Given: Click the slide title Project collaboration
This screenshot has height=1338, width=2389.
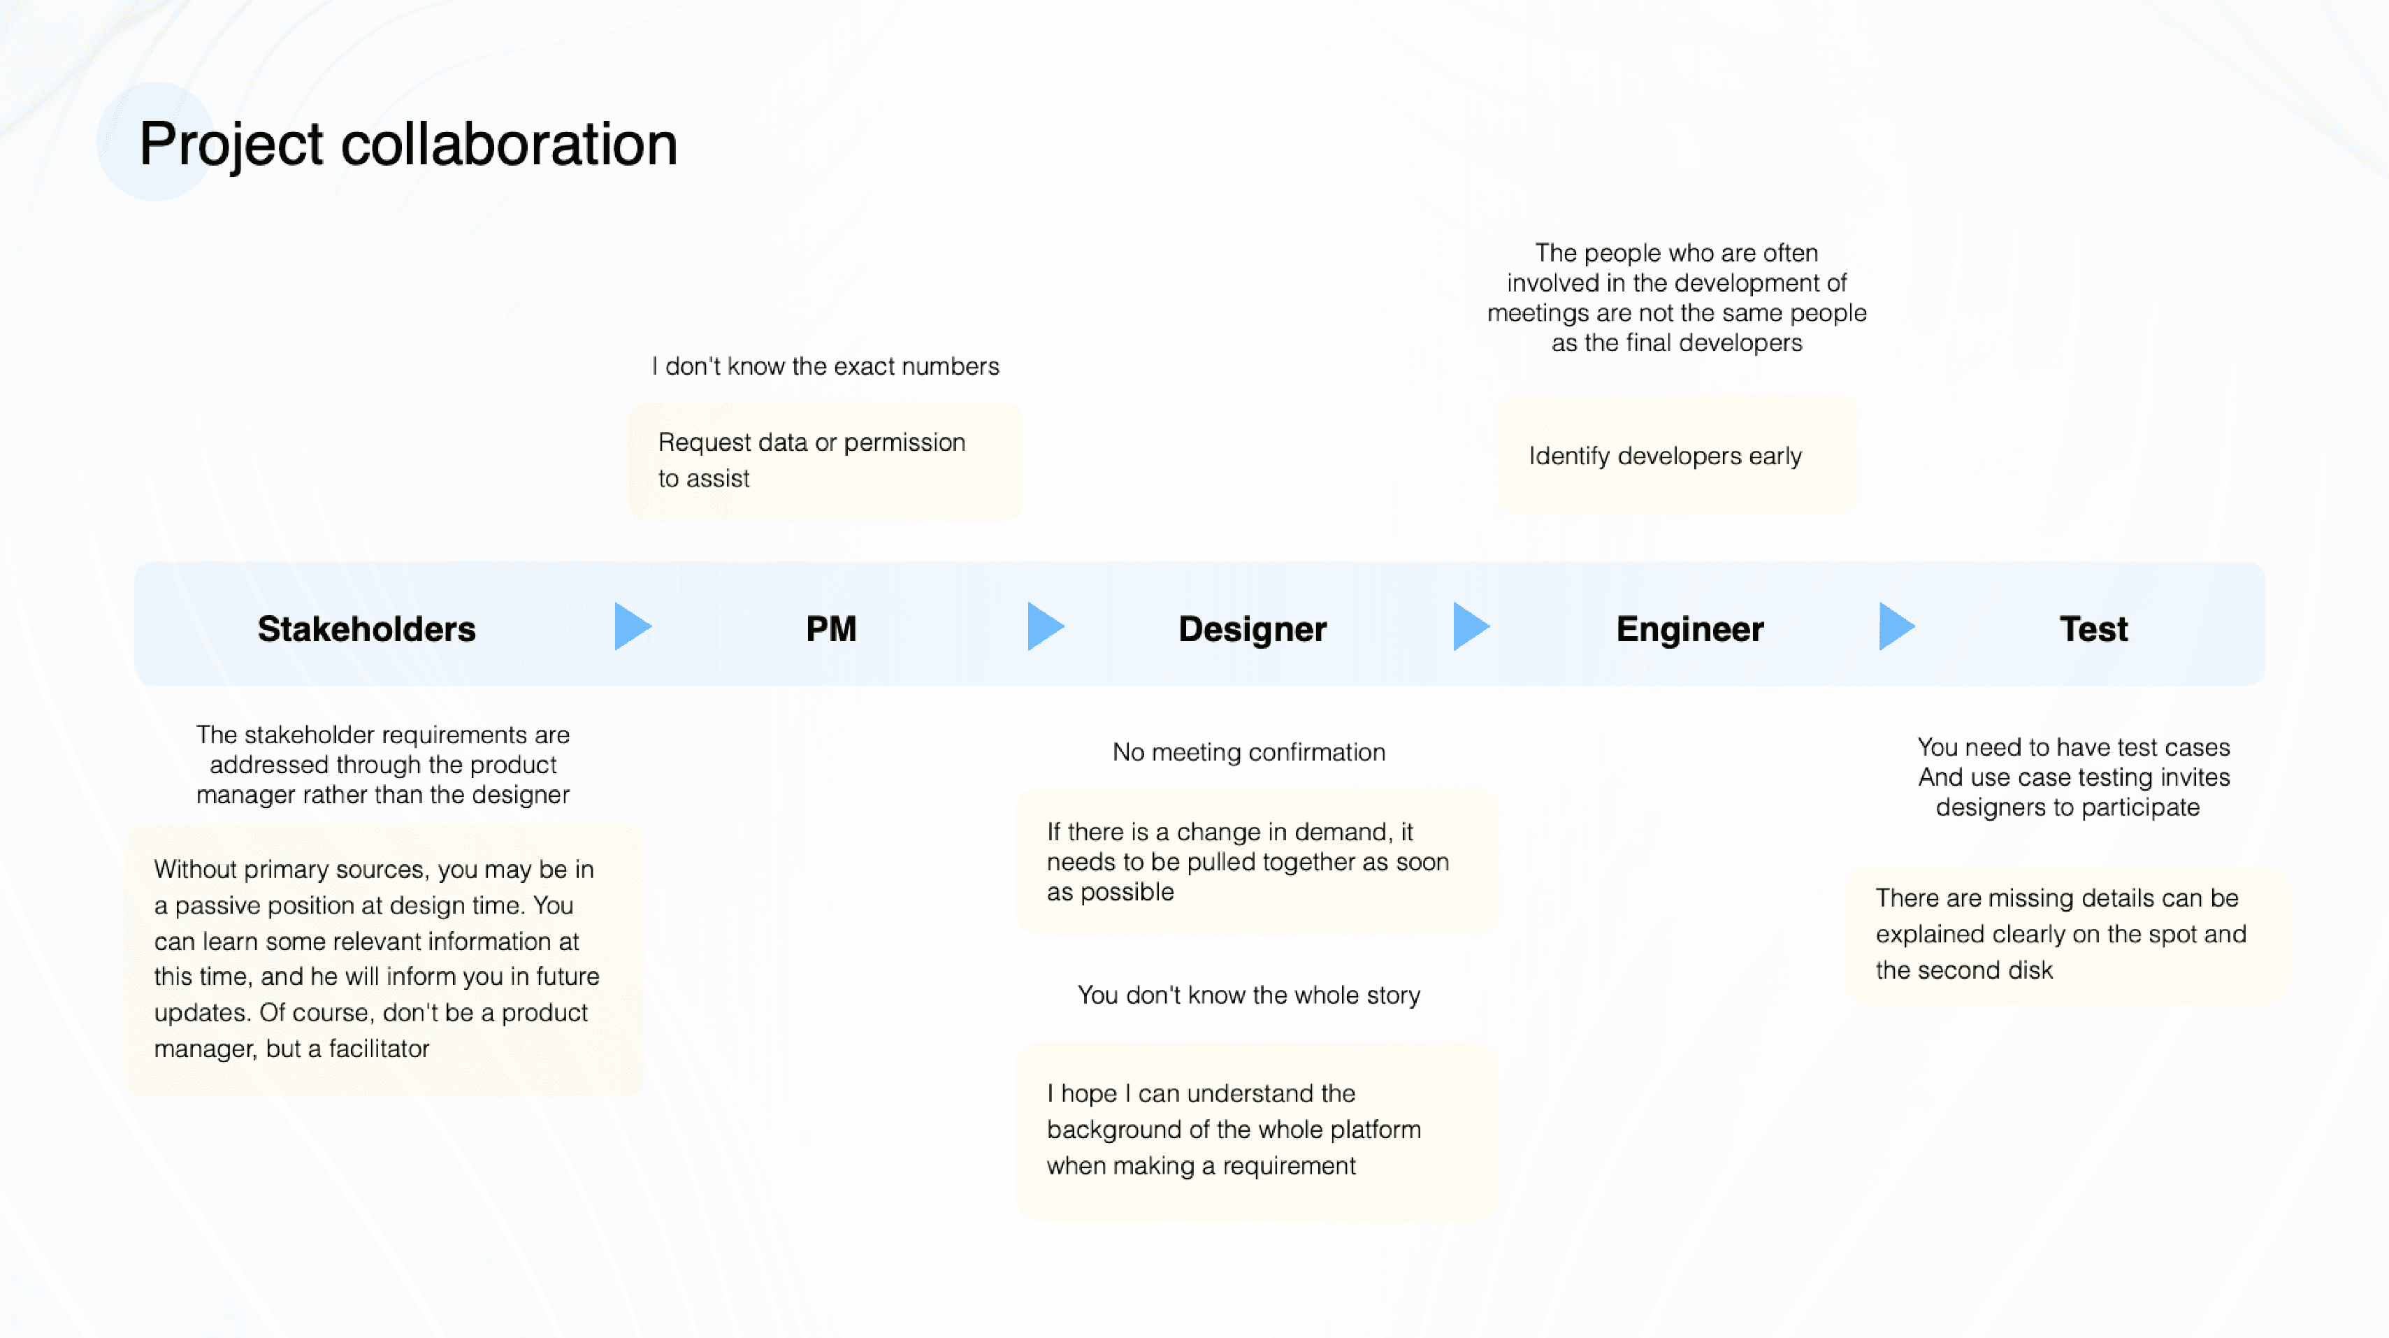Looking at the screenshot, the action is click(x=408, y=145).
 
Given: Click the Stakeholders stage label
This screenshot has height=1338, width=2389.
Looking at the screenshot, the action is click(x=366, y=629).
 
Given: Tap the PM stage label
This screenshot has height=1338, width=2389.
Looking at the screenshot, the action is click(x=831, y=629).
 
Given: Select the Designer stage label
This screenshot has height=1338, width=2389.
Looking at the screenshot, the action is click(x=1252, y=630).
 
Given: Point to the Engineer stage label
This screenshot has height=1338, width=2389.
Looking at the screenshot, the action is click(x=1690, y=630).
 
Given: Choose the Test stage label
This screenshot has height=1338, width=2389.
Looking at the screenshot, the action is click(x=2093, y=629).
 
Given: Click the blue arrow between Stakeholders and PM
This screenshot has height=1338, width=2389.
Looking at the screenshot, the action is click(x=633, y=626).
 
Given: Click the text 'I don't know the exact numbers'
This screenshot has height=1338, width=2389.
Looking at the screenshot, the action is click(x=825, y=366).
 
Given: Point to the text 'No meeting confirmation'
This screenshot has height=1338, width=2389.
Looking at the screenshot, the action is click(x=1249, y=752).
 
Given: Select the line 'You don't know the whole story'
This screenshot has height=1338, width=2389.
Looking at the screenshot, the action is click(x=1249, y=995).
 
